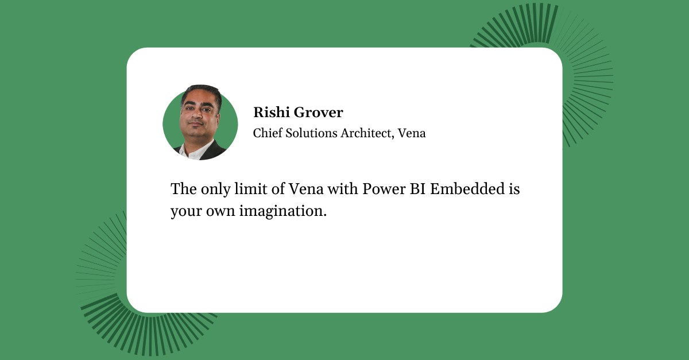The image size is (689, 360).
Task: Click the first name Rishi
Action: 271,112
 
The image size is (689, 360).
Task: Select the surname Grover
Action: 318,113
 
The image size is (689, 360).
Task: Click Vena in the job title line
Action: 412,133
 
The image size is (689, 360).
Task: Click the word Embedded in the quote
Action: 467,189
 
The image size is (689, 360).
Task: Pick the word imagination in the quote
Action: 283,211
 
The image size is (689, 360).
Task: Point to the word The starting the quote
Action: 184,189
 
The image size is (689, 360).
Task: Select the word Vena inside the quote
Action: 306,189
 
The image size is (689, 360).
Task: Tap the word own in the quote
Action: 220,211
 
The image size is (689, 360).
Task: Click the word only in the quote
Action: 216,189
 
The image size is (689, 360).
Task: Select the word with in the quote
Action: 343,189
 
